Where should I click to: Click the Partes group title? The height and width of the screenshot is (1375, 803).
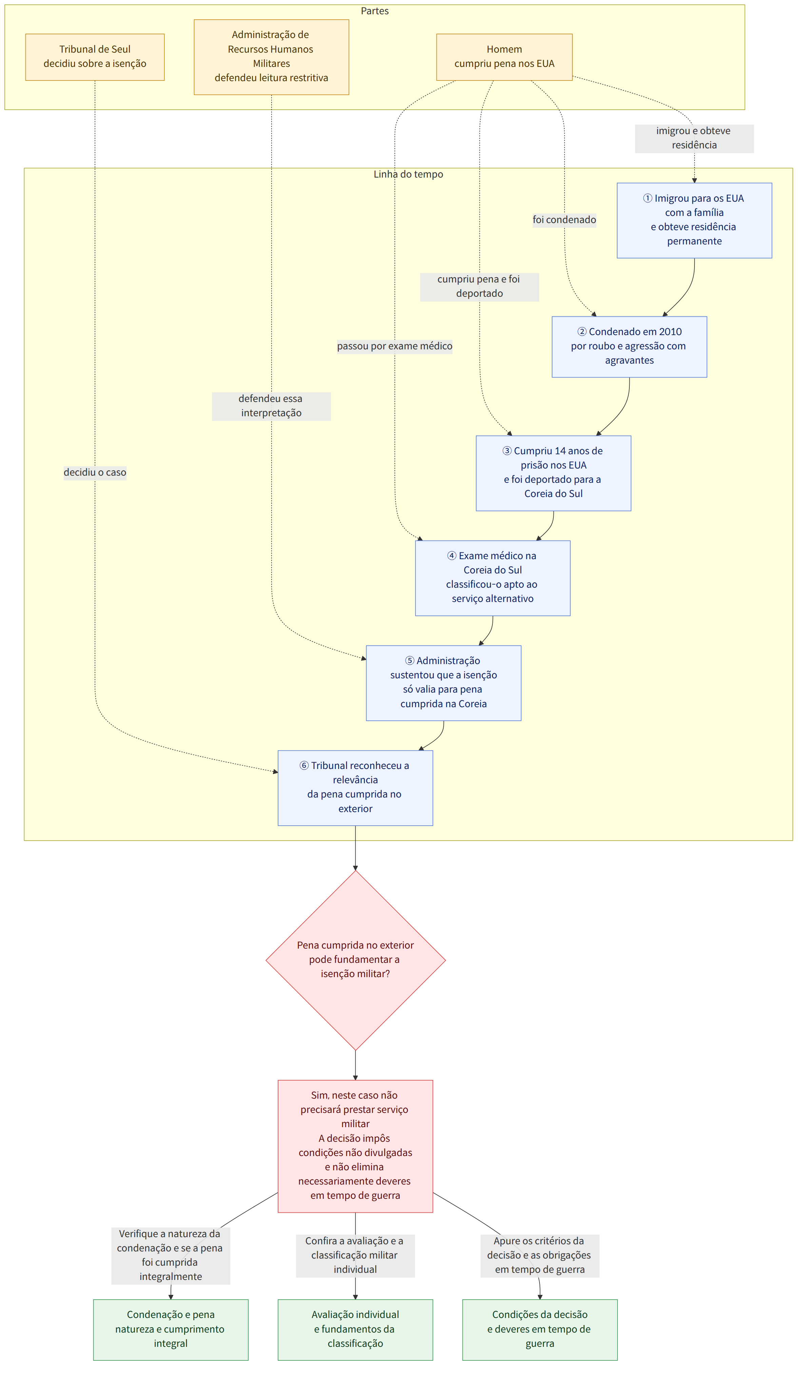pyautogui.click(x=374, y=11)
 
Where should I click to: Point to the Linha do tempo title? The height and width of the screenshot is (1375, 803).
pyautogui.click(x=408, y=174)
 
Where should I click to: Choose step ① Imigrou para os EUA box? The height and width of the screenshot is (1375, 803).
pyautogui.click(x=694, y=220)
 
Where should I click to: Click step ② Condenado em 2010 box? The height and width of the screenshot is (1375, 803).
pyautogui.click(x=629, y=347)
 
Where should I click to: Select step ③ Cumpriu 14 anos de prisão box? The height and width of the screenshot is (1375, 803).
pyautogui.click(x=553, y=473)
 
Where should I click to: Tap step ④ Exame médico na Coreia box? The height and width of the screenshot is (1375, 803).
pyautogui.click(x=493, y=579)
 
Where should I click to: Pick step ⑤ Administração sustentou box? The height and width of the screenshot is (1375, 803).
pyautogui.click(x=444, y=683)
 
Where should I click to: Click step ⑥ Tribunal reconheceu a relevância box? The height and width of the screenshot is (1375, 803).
pyautogui.click(x=355, y=788)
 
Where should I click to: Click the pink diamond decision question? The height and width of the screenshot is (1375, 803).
pyautogui.click(x=355, y=960)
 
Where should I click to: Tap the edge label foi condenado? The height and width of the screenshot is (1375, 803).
pyautogui.click(x=564, y=220)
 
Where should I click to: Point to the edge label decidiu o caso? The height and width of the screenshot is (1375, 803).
pyautogui.click(x=95, y=473)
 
